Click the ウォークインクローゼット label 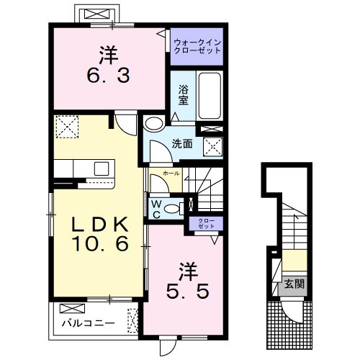[x=197, y=47]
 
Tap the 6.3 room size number [x=109, y=75]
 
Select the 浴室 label [x=184, y=95]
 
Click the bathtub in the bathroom [x=210, y=96]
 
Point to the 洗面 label [x=182, y=144]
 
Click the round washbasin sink [x=154, y=124]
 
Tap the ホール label [x=171, y=174]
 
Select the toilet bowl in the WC [x=172, y=209]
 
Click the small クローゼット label [x=206, y=223]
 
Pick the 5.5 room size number [x=188, y=291]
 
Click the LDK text [x=100, y=225]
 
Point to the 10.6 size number [x=100, y=244]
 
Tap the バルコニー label [x=88, y=323]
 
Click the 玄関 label [x=294, y=284]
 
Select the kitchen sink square [x=102, y=168]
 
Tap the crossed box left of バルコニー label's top [x=72, y=308]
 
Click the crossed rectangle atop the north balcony [x=96, y=14]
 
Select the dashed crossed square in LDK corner [x=67, y=127]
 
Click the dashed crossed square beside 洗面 [x=213, y=147]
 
